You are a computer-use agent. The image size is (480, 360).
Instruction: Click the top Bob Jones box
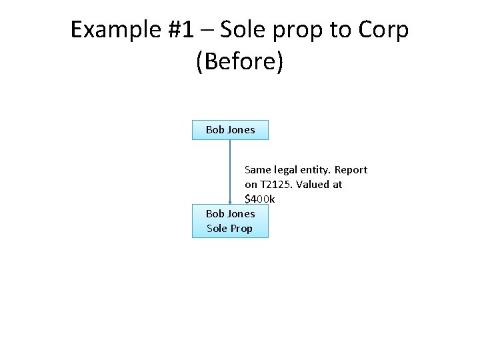230,130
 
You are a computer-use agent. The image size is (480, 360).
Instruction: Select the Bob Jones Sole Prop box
230,221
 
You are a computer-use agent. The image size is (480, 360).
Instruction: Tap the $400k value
260,199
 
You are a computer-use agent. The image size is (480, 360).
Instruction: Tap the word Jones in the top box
241,130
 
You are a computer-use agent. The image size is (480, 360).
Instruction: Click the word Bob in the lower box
215,214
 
